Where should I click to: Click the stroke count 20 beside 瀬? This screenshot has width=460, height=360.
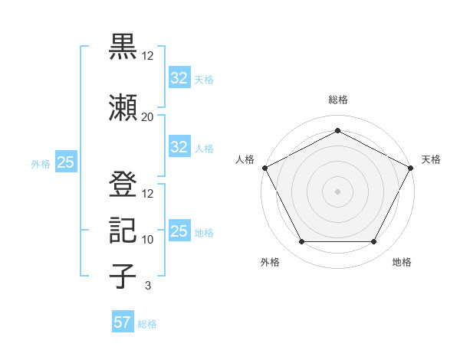[147, 116]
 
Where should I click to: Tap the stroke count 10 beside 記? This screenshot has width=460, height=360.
[147, 240]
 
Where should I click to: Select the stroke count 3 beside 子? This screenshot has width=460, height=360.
[147, 286]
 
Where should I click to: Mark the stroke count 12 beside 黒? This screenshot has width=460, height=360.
[147, 57]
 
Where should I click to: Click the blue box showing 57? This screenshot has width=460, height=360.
[123, 322]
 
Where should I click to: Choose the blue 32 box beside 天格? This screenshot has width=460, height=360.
[179, 78]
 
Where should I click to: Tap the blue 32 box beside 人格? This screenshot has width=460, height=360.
[179, 147]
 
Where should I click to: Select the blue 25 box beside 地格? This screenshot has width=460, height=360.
[179, 231]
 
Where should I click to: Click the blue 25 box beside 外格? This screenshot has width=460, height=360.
[65, 162]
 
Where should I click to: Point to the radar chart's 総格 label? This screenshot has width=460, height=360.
[337, 100]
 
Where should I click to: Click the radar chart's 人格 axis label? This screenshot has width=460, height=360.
[245, 159]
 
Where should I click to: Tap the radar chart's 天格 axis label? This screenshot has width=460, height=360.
[431, 159]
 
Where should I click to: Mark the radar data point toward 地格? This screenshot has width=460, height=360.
[374, 242]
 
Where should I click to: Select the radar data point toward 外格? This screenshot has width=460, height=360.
[301, 242]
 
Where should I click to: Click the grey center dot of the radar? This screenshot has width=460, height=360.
[337, 191]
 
